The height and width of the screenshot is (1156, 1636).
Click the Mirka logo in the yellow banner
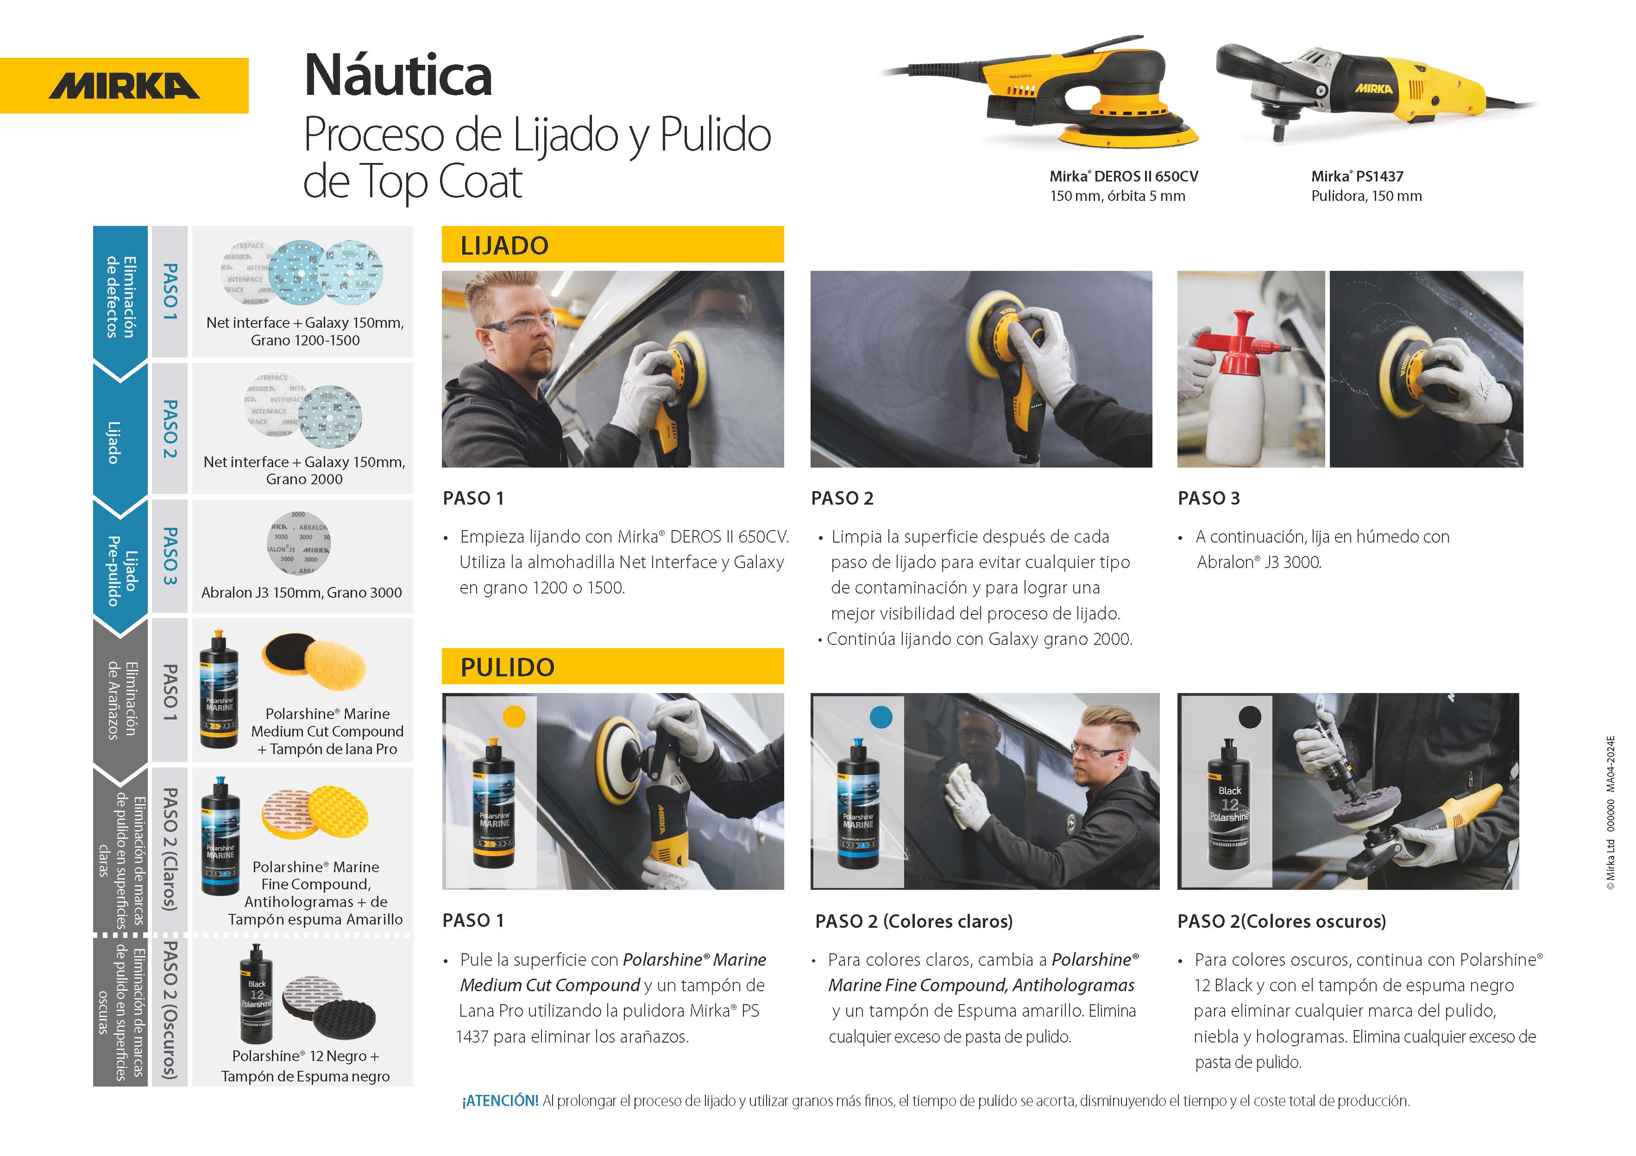[124, 86]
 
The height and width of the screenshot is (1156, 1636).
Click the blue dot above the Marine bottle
[881, 717]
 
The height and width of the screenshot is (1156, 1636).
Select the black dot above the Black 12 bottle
[1250, 717]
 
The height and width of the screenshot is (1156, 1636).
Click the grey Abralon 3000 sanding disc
[299, 543]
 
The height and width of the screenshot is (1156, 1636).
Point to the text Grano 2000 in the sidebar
[304, 479]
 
